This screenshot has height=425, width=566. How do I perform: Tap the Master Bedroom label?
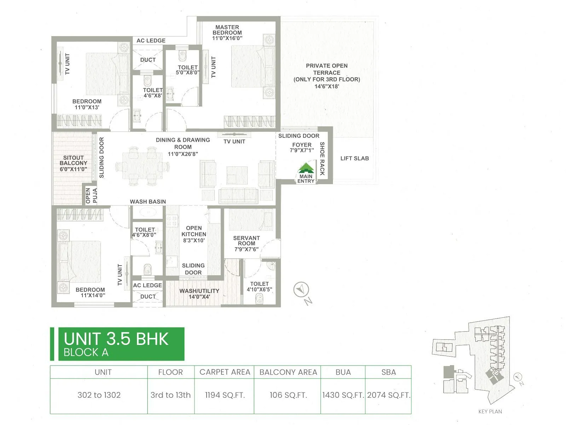(227, 30)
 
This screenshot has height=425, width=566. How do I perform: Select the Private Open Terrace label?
(327, 69)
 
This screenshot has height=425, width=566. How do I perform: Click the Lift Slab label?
(354, 158)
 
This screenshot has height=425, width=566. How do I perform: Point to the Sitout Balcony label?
(73, 160)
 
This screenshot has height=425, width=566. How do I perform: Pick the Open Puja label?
(91, 195)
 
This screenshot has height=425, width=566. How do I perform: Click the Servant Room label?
(247, 241)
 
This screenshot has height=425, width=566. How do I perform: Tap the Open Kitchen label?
(194, 231)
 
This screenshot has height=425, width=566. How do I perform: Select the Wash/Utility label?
(199, 291)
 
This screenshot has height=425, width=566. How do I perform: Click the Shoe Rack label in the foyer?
(322, 158)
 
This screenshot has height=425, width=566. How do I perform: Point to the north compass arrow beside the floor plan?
(301, 290)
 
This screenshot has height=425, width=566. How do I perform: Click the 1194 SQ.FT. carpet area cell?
(225, 395)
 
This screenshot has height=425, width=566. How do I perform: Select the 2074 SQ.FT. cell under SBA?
(389, 395)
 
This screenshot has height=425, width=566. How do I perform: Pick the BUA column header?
(343, 372)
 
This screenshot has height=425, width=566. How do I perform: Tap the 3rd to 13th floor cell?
(171, 395)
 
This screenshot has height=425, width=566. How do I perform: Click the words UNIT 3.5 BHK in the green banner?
(116, 339)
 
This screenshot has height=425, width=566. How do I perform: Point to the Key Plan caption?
(490, 412)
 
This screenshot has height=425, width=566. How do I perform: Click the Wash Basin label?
(148, 202)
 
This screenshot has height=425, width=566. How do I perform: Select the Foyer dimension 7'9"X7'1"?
(302, 150)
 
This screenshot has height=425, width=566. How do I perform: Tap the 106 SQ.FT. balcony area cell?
(288, 395)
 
